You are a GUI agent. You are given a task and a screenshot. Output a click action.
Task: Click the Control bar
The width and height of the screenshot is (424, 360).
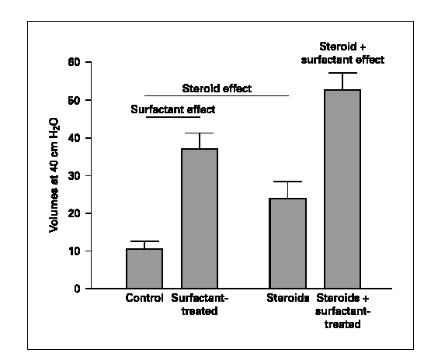[144, 268]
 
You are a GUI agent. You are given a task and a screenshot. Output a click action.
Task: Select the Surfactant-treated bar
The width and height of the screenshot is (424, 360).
[200, 219]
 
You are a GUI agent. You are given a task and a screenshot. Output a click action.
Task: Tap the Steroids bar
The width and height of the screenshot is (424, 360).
[287, 244]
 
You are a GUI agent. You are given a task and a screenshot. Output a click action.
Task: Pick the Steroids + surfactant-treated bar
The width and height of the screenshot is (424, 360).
[342, 189]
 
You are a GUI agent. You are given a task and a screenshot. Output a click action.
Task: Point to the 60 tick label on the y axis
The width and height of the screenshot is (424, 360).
[75, 62]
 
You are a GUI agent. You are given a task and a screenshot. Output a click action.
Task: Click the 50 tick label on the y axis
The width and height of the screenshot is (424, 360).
[75, 100]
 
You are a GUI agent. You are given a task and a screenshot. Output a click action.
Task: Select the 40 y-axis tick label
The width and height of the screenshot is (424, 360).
[75, 138]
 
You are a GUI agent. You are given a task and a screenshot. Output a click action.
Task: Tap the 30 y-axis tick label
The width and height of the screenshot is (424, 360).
[75, 176]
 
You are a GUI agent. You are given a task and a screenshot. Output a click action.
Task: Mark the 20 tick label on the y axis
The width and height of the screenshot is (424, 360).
[75, 213]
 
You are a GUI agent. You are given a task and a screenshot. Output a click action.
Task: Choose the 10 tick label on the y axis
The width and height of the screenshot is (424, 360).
[75, 251]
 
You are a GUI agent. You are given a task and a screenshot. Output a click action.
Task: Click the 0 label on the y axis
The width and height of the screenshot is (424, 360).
[78, 289]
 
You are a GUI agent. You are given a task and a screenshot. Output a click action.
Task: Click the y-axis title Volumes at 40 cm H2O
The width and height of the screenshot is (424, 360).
[54, 175]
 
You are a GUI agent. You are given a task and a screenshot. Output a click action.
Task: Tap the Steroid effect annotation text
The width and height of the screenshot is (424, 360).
[217, 88]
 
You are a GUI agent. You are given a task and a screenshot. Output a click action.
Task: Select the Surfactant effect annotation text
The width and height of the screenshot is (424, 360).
[173, 109]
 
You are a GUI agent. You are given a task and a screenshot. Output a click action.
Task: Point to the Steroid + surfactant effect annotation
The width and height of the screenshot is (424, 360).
[342, 54]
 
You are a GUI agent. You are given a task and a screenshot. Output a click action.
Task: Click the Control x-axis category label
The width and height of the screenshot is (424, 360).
[144, 298]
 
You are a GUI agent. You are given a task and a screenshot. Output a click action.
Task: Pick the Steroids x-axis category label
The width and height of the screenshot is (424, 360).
[287, 298]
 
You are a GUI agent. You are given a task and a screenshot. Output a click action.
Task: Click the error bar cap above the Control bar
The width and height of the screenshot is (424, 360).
[144, 241]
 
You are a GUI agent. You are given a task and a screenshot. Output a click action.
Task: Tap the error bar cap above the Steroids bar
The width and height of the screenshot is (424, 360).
[287, 182]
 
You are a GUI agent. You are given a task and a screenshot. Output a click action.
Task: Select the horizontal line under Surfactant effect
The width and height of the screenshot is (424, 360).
[173, 117]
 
